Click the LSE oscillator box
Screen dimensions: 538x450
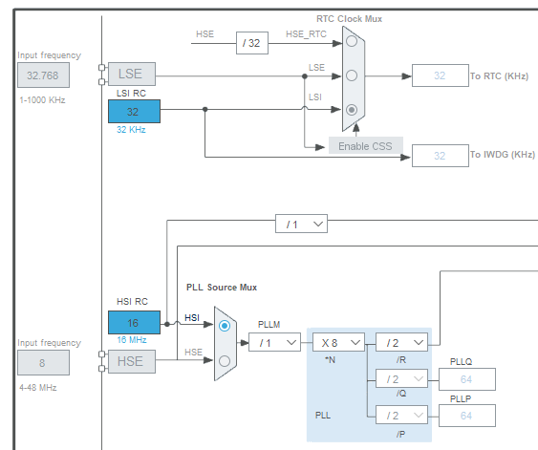[x=132, y=74]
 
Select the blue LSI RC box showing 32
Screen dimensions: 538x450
[x=134, y=111]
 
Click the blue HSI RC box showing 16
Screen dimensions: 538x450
[x=134, y=322]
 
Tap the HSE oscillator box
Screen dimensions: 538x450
[x=132, y=361]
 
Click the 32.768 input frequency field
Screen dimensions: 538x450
[x=44, y=75]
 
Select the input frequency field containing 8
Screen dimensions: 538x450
[x=44, y=362]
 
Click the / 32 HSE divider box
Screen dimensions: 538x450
[x=252, y=43]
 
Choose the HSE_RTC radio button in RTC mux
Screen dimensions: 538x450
[x=352, y=41]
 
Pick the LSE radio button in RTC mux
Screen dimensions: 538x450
[x=352, y=75]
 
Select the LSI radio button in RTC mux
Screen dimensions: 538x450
[x=352, y=110]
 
